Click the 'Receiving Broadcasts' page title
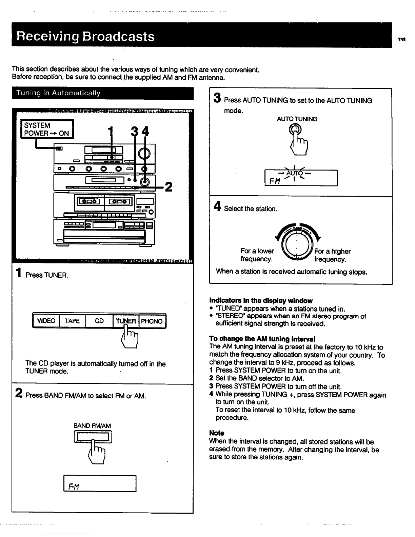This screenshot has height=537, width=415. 86,36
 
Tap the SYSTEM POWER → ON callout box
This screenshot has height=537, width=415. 47,129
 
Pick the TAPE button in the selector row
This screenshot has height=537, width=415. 72,321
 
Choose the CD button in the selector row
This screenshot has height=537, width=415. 99,321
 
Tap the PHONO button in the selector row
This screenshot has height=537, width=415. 152,321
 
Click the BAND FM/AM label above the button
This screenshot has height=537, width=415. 92,426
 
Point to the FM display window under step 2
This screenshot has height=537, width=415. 100,483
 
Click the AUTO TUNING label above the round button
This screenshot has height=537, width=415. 297,119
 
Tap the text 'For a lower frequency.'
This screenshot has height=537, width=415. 257,255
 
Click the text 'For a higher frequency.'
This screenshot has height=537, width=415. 332,255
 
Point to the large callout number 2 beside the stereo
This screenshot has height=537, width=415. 168,186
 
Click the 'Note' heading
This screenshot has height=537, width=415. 217,433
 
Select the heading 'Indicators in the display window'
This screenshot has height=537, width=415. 261,301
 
